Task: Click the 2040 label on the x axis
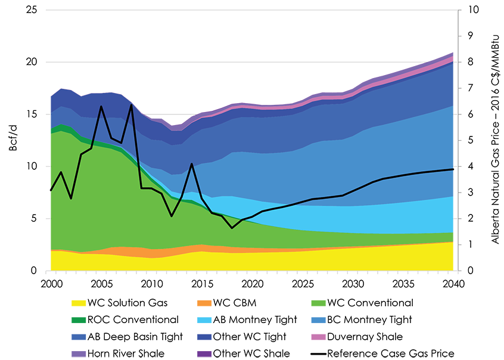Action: (453, 282)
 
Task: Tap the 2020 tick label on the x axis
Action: (252, 282)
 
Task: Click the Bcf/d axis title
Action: (13, 141)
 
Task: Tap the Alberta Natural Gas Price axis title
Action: (495, 140)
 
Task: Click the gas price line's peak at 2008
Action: (131, 105)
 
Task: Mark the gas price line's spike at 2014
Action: (191, 163)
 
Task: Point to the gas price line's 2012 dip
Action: (172, 216)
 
